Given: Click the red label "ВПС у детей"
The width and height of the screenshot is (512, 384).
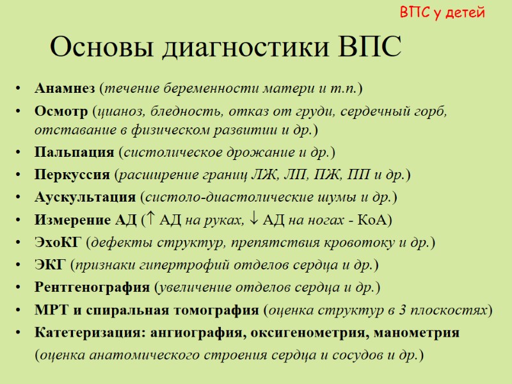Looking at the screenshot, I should click(x=442, y=12).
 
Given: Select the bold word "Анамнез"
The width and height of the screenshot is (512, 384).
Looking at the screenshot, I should click(x=66, y=87).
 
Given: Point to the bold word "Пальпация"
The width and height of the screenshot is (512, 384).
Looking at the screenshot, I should click(x=75, y=152).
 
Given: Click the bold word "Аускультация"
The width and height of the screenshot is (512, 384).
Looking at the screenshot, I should click(x=85, y=196).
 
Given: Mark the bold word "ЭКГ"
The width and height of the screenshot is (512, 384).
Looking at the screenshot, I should click(x=50, y=264).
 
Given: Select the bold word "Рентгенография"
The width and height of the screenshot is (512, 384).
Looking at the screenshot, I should click(x=93, y=287).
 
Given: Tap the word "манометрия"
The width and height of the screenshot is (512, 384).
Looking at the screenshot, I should click(x=420, y=333).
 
